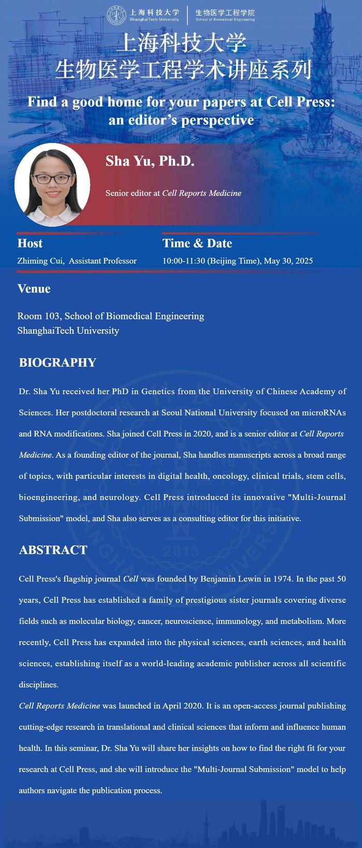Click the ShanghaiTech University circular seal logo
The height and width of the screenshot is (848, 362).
point(116,15)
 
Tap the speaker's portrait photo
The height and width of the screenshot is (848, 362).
point(52,185)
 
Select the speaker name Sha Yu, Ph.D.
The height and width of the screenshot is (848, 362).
point(150,161)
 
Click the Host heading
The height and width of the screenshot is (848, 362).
point(30,243)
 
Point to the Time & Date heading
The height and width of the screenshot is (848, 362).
point(197,243)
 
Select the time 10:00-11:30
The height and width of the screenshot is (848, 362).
point(183,261)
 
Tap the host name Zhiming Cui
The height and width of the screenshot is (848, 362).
point(40,261)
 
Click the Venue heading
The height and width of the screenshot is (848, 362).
point(34,289)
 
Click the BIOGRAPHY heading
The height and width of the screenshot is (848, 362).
point(57,362)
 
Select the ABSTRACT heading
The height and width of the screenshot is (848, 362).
point(53,550)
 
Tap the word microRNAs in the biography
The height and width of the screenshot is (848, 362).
point(324,413)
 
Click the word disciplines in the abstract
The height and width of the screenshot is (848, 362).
point(38,685)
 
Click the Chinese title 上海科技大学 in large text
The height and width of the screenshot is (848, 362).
point(181,44)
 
